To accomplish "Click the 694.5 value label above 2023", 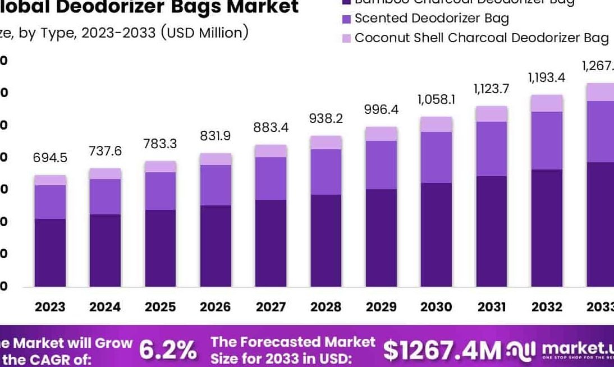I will click(x=50, y=158).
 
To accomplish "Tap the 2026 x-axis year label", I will click(x=215, y=307).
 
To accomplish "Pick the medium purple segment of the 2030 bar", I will click(x=436, y=157).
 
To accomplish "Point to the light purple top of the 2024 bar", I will click(x=105, y=173).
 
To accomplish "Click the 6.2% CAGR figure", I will click(x=168, y=350).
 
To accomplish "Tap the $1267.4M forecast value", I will click(x=442, y=351).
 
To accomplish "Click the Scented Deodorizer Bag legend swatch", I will click(x=346, y=19).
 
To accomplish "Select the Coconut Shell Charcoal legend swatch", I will click(x=346, y=38).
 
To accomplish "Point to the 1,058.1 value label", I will click(x=436, y=100).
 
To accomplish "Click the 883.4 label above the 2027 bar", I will click(x=271, y=128).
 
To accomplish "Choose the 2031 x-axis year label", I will click(x=491, y=307).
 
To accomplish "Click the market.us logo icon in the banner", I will click(x=522, y=351).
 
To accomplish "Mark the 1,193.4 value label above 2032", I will click(x=546, y=78).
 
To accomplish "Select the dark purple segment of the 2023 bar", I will click(x=50, y=253).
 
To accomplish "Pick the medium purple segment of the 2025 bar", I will click(x=160, y=191).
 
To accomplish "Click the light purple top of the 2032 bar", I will click(x=546, y=103).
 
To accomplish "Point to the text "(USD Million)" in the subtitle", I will click(x=204, y=33).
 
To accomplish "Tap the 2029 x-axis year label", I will click(x=381, y=307).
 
